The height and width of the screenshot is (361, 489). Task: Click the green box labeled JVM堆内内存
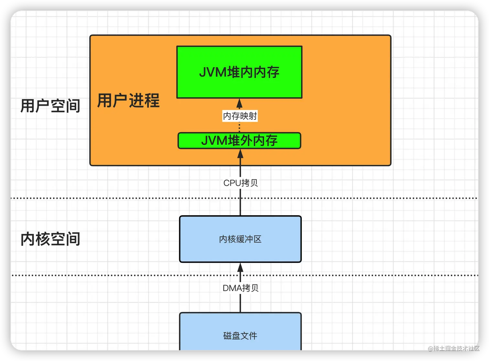point(239,72)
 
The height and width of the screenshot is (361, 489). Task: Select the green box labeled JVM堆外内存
point(239,141)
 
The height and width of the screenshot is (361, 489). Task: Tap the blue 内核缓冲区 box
point(240,239)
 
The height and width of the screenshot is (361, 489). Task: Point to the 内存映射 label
point(240,116)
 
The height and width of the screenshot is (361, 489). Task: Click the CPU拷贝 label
point(241,183)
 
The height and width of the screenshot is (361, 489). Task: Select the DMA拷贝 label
point(241,288)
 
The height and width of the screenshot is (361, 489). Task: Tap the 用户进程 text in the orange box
point(128,100)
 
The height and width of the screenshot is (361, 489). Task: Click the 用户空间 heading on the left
point(50,106)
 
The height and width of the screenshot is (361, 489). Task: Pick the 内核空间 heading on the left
point(50,239)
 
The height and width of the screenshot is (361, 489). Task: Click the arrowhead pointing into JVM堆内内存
point(240,103)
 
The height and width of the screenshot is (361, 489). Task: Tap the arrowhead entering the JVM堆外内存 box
point(240,153)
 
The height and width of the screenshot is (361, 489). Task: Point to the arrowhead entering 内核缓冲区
point(240,267)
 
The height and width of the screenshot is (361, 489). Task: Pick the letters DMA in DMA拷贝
point(232,288)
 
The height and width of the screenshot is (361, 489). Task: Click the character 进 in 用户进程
point(136,100)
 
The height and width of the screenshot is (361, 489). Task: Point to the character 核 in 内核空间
point(43,239)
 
